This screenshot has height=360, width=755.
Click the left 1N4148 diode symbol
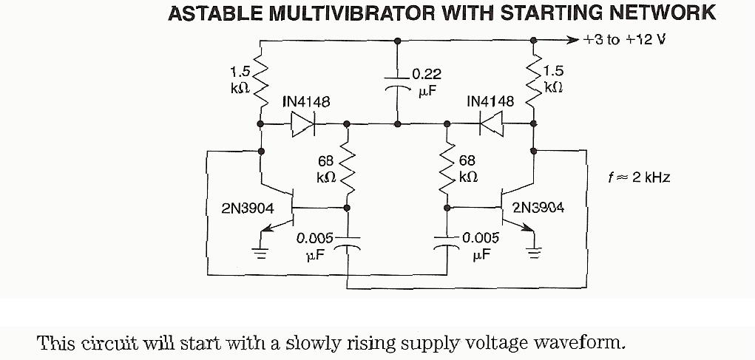click(x=304, y=123)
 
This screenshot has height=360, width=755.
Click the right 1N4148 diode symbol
click(x=492, y=123)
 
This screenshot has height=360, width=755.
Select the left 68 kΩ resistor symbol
click(x=348, y=169)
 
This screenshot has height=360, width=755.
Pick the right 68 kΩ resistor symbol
click(x=447, y=169)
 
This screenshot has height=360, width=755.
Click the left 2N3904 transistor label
click(x=247, y=209)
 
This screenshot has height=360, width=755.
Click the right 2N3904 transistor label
click(x=538, y=208)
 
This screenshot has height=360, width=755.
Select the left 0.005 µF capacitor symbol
click(x=348, y=244)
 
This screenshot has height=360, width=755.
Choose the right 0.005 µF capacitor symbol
click(x=447, y=244)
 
